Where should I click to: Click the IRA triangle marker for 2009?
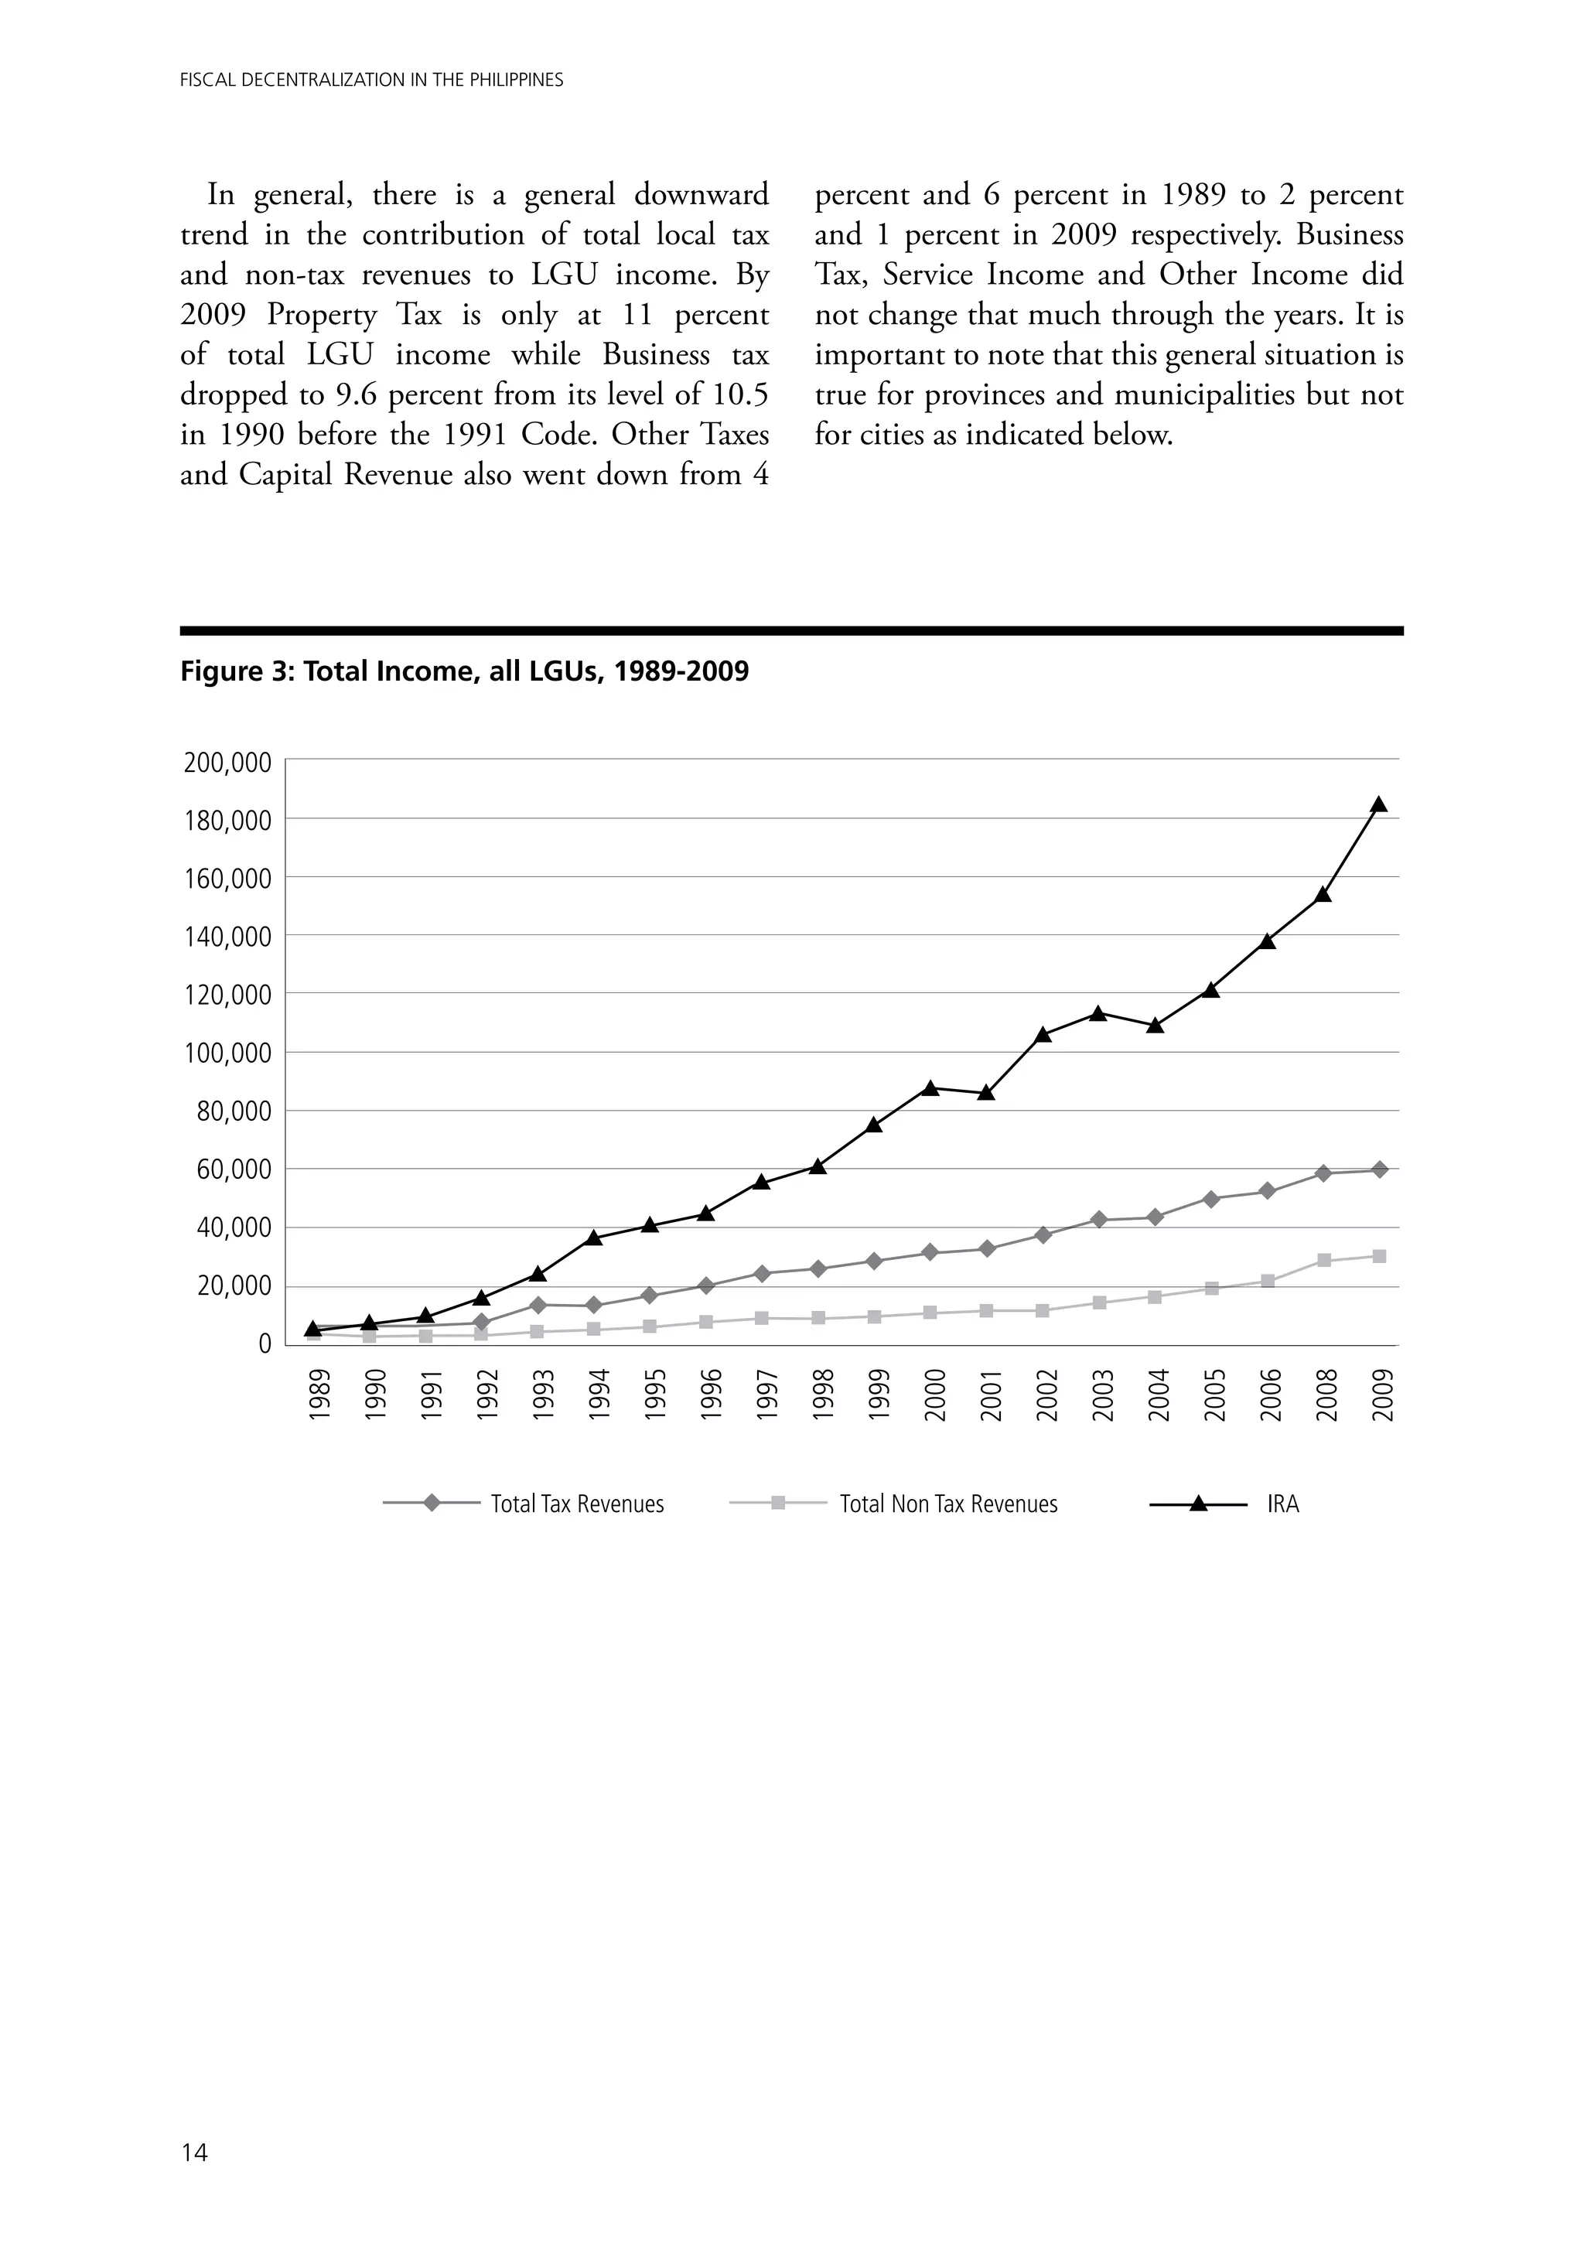click(x=1378, y=804)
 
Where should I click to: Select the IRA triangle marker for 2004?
click(x=1155, y=1025)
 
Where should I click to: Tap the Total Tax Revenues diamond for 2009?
click(x=1378, y=1169)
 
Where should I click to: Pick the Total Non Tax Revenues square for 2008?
click(x=1323, y=1260)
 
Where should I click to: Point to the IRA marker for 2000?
click(x=930, y=1087)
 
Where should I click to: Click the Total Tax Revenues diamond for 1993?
click(x=537, y=1304)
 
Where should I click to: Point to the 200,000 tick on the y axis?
click(x=227, y=763)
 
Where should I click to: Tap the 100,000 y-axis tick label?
click(x=227, y=1053)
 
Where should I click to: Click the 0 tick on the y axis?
click(x=264, y=1344)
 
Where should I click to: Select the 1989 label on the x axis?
click(x=316, y=1395)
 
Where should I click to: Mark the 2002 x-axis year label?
click(x=1045, y=1395)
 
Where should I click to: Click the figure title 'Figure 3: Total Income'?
click(x=463, y=671)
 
